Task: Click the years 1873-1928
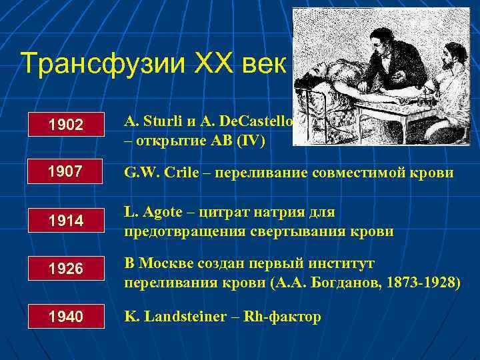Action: tap(419, 283)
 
